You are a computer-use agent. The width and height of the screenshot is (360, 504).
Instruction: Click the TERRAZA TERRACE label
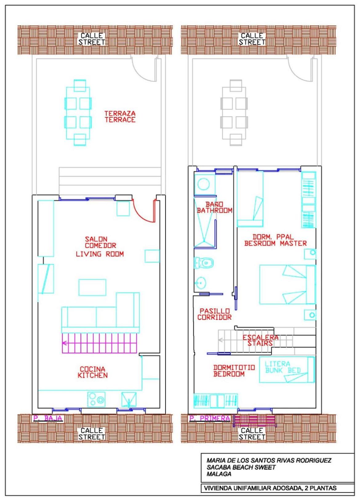coord(120,116)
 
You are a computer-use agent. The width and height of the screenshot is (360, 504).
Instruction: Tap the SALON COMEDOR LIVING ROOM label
coord(100,247)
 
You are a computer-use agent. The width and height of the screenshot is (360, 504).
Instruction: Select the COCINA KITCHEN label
coord(93,372)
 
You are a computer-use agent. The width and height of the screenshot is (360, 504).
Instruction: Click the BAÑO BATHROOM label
coord(214,207)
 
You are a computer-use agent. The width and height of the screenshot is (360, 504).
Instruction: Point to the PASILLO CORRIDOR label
coord(214,314)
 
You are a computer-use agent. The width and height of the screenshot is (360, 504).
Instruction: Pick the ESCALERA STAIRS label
coord(260,340)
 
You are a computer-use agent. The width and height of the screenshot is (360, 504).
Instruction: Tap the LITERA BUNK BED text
coord(283,367)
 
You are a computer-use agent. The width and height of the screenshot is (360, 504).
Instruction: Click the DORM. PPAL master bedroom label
coord(275,240)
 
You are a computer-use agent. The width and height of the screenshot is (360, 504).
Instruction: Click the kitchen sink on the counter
coord(129,400)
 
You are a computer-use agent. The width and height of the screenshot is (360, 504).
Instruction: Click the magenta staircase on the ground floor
coord(99,343)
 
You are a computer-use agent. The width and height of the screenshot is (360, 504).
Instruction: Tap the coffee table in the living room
coord(92,287)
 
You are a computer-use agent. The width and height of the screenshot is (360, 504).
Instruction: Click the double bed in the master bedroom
coord(288,284)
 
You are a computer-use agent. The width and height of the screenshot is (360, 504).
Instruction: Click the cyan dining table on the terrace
coord(78,113)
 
